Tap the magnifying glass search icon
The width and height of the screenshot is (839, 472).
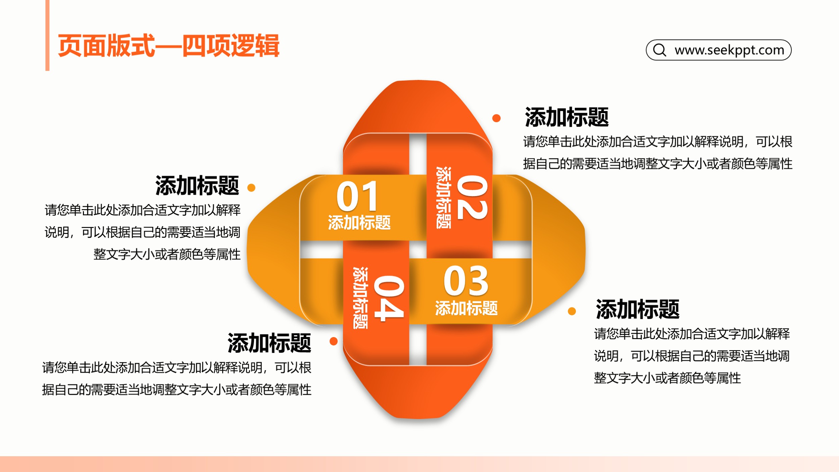[659, 50]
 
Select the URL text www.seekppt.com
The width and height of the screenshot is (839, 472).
[729, 50]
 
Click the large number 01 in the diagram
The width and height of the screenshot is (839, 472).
[357, 196]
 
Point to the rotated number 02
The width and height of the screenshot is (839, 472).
[472, 197]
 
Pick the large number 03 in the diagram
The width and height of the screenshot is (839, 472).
[466, 281]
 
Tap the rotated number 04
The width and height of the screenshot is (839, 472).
[389, 298]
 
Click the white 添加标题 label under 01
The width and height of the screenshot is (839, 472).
[359, 223]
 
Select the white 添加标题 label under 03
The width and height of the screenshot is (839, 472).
[466, 308]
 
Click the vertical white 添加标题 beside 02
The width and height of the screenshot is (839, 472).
[443, 197]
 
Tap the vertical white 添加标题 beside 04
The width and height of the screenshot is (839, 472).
[360, 298]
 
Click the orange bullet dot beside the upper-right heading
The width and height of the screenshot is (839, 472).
[496, 118]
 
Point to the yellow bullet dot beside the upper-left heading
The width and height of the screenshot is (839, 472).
[251, 188]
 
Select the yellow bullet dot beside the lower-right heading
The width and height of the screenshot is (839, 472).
[572, 311]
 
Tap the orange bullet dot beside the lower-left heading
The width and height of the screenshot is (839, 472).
[334, 341]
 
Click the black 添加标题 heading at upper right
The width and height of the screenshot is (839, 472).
[567, 117]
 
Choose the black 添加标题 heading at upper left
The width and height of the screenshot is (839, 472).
[197, 185]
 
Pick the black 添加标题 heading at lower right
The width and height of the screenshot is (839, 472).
[638, 309]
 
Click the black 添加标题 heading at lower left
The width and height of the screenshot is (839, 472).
[269, 343]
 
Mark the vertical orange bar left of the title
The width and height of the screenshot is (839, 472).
[47, 35]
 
